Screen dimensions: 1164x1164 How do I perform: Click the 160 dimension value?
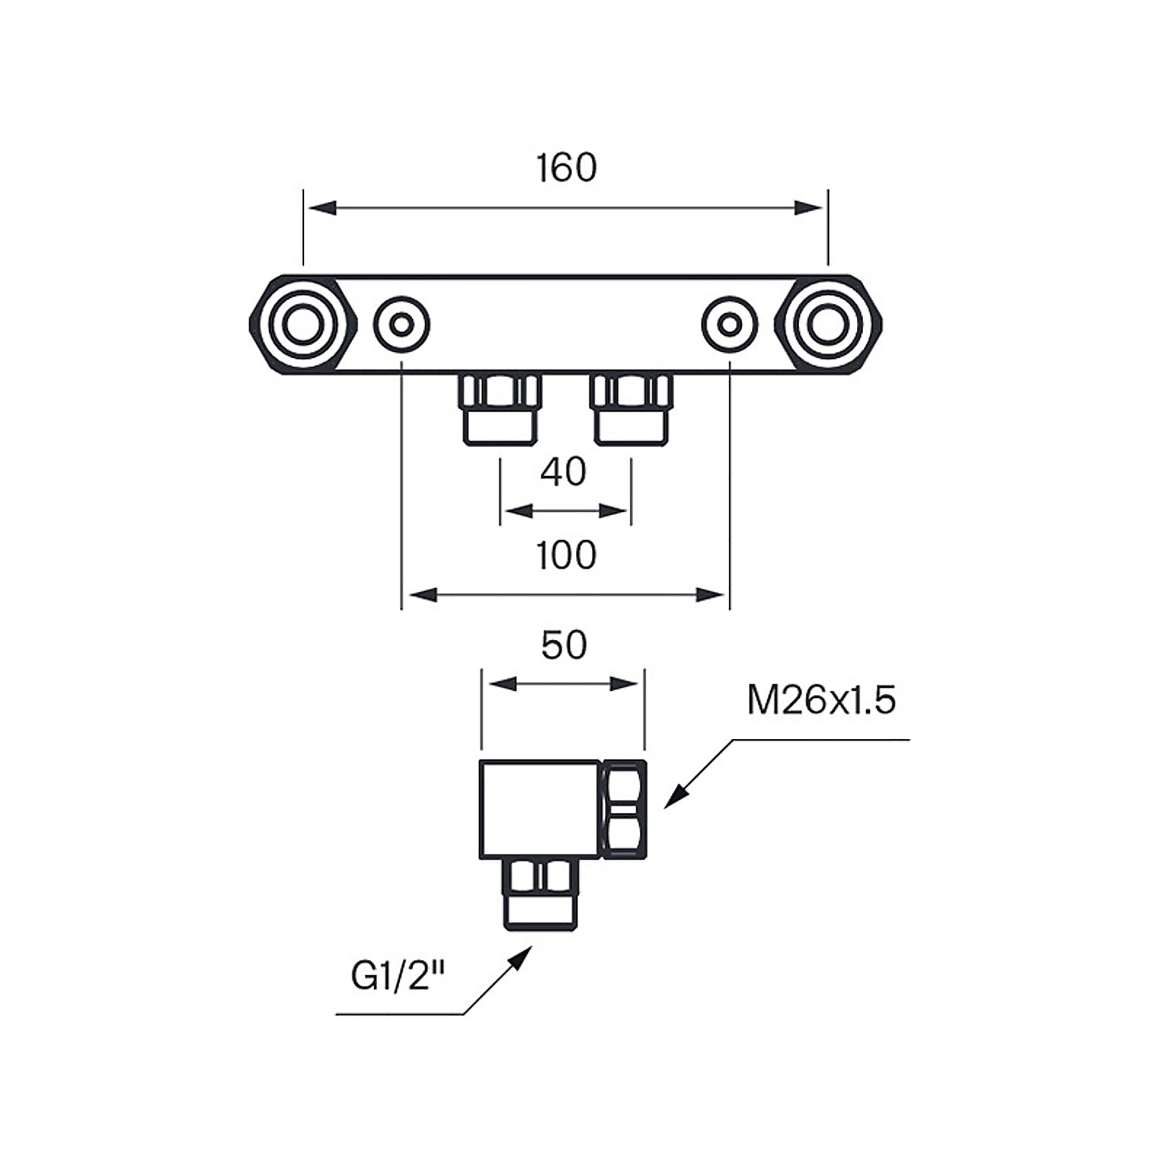pos(566,169)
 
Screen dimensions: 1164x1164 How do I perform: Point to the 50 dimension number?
pos(564,646)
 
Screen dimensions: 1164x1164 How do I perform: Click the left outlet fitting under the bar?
pos(499,410)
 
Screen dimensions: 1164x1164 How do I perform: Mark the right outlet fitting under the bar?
pos(631,410)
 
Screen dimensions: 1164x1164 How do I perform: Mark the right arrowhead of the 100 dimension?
pos(711,595)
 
